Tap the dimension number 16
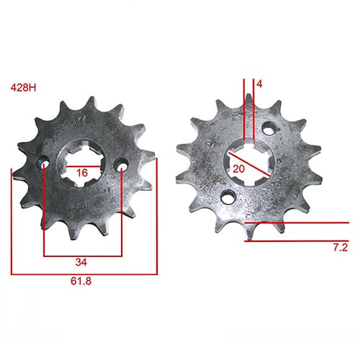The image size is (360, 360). pyautogui.click(x=82, y=173)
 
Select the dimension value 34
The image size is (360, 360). pyautogui.click(x=83, y=261)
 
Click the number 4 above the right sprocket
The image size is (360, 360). pyautogui.click(x=259, y=84)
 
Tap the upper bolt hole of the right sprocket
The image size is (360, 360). pyautogui.click(x=270, y=130)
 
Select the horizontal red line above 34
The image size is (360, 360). pyautogui.click(x=83, y=256)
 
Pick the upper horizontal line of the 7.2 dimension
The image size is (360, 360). pyautogui.click(x=295, y=223)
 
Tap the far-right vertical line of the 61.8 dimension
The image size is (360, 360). pyautogui.click(x=156, y=216)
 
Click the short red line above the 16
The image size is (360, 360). pyautogui.click(x=82, y=165)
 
